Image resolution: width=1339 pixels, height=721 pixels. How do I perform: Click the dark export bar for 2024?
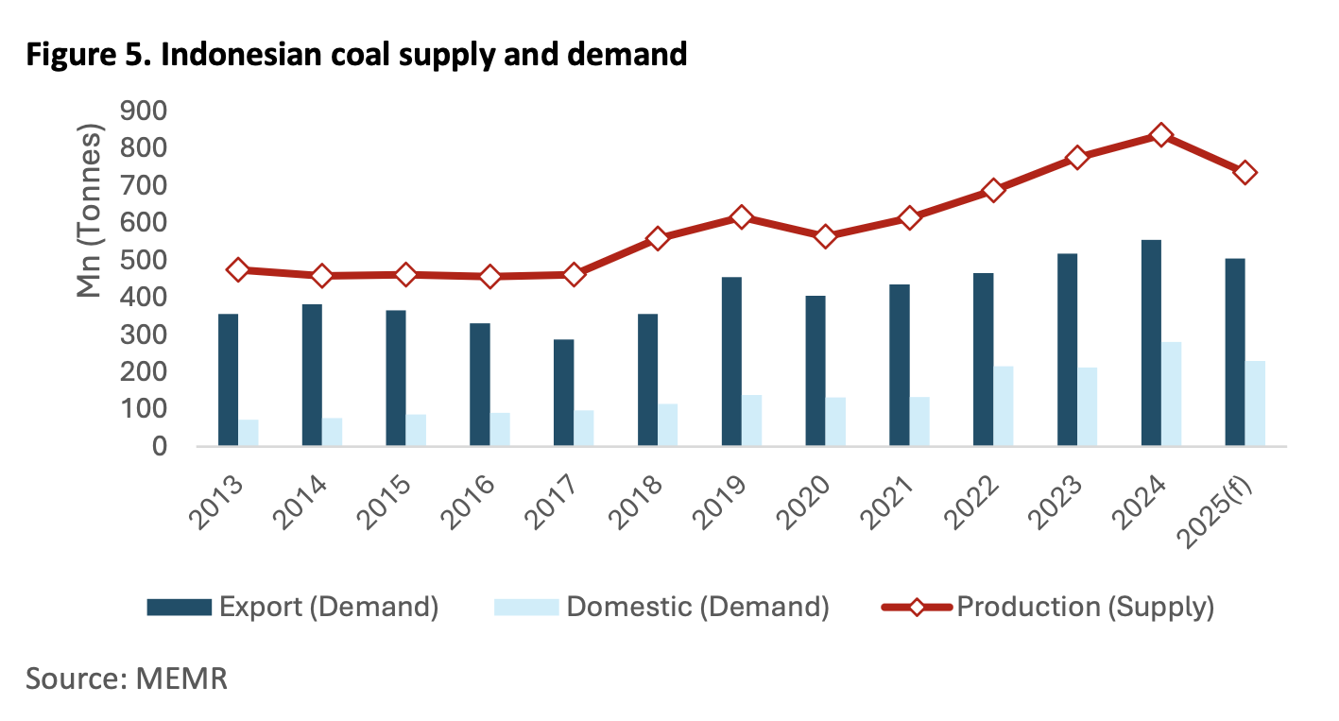pyautogui.click(x=1151, y=343)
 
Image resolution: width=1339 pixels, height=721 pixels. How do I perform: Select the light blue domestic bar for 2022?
pyautogui.click(x=1004, y=406)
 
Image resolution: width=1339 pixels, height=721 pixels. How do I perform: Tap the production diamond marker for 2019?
pyautogui.click(x=742, y=218)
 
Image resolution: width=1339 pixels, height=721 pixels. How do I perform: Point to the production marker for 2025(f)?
pyautogui.click(x=1245, y=173)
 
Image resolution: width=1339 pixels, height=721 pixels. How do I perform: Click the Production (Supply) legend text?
pyautogui.click(x=1085, y=607)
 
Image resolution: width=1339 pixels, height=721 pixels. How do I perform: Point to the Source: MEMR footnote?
pyautogui.click(x=127, y=678)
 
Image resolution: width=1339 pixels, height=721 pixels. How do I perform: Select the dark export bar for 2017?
pyautogui.click(x=563, y=392)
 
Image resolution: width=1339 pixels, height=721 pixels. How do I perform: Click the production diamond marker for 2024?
pyautogui.click(x=1161, y=136)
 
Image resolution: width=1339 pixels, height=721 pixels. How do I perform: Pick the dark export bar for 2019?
pyautogui.click(x=731, y=361)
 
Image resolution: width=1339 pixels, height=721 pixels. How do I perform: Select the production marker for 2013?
pyautogui.click(x=238, y=270)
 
